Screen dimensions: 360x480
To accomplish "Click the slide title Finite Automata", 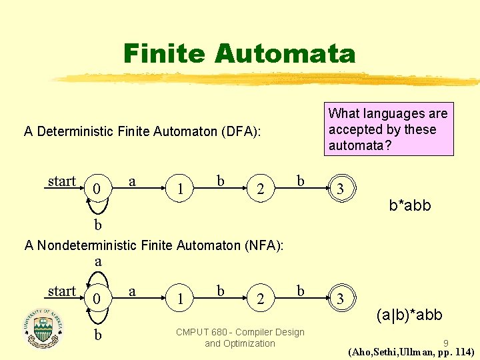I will pyautogui.click(x=239, y=53).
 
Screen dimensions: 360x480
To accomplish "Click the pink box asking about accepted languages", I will pyautogui.click(x=388, y=129).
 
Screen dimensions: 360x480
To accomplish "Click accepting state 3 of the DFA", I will pyautogui.click(x=341, y=189).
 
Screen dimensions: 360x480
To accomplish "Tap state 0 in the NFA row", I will pyautogui.click(x=97, y=300).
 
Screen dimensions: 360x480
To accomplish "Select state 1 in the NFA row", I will pyautogui.click(x=181, y=300).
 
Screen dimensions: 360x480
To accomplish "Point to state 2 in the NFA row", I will pyautogui.click(x=261, y=300).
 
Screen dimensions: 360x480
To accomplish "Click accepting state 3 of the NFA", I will pyautogui.click(x=341, y=299).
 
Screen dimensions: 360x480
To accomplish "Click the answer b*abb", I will pyautogui.click(x=410, y=205).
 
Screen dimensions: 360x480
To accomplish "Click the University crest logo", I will pyautogui.click(x=44, y=328).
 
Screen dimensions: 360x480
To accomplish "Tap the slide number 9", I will pyautogui.click(x=445, y=343).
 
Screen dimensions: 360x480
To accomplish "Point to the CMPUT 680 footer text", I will pyautogui.click(x=239, y=337).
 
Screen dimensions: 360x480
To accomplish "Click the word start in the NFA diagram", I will pyautogui.click(x=62, y=291).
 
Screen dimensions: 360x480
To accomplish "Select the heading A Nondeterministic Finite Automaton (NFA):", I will pyautogui.click(x=154, y=245).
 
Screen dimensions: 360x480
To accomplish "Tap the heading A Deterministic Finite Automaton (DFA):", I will pyautogui.click(x=142, y=131).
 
